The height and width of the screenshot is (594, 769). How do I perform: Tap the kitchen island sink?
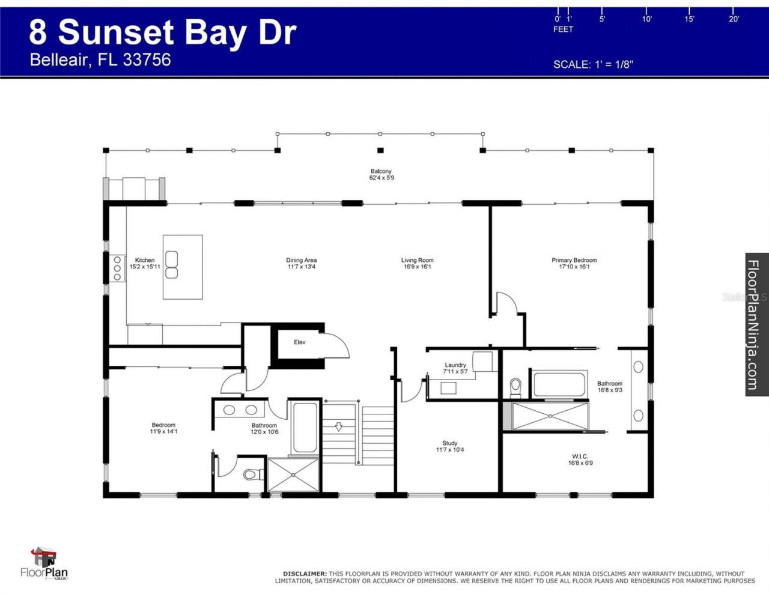[172, 265]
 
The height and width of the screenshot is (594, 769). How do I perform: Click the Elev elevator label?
[300, 342]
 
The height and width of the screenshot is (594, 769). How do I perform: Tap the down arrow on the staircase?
[339, 426]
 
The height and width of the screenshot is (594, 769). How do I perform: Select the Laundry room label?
[455, 365]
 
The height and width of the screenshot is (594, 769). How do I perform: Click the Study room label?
[450, 443]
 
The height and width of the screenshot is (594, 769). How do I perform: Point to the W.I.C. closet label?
[580, 456]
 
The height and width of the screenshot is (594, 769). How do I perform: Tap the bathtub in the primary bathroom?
[559, 385]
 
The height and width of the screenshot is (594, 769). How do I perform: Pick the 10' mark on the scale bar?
[647, 19]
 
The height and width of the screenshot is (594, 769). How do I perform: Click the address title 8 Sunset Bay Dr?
[163, 32]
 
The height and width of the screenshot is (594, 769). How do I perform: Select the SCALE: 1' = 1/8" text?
[593, 64]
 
